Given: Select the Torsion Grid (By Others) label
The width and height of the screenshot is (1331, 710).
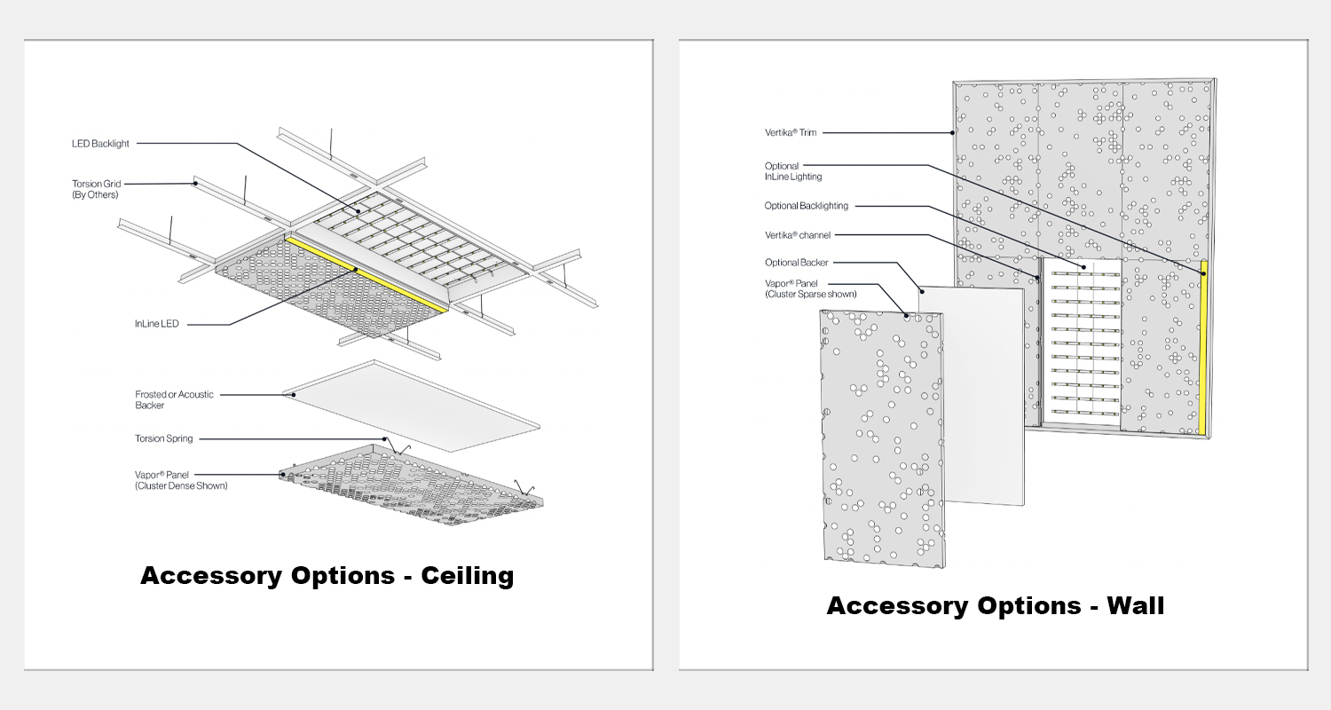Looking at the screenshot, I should click(97, 188).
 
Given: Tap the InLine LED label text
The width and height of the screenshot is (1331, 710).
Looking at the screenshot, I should click(157, 324).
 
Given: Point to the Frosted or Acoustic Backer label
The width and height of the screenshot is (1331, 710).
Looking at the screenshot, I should click(174, 399).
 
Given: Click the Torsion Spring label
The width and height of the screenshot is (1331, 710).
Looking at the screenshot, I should click(163, 438).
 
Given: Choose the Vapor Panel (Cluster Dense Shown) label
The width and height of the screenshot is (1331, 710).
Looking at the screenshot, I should click(180, 480).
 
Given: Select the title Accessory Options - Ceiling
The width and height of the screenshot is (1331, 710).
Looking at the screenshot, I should click(327, 576).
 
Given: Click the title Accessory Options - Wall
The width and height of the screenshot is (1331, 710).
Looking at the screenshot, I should click(995, 606).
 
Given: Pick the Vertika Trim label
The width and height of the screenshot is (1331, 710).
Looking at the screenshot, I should click(791, 133).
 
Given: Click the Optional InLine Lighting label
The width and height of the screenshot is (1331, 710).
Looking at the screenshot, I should click(792, 171).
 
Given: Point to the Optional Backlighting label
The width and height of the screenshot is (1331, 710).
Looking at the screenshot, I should click(806, 206).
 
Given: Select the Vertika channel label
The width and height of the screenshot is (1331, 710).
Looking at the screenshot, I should click(798, 234).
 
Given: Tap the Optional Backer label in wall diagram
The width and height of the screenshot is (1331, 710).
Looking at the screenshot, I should click(796, 263).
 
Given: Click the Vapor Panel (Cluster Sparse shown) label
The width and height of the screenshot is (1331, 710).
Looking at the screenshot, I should click(810, 288).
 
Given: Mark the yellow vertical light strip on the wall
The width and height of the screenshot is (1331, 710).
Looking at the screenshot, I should click(1204, 346).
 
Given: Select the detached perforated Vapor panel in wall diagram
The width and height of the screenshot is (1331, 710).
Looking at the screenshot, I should click(883, 439).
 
